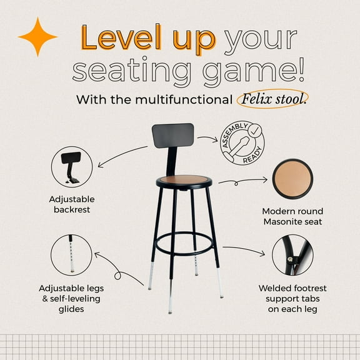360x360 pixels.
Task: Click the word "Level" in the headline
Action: tap(118, 39)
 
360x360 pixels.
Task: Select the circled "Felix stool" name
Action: tap(272, 99)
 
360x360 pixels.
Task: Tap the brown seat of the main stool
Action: tap(184, 181)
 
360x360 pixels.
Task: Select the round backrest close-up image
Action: tap(72, 167)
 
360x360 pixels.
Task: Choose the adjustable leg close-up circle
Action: tap(72, 254)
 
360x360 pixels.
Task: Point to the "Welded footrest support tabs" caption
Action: tap(292, 294)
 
